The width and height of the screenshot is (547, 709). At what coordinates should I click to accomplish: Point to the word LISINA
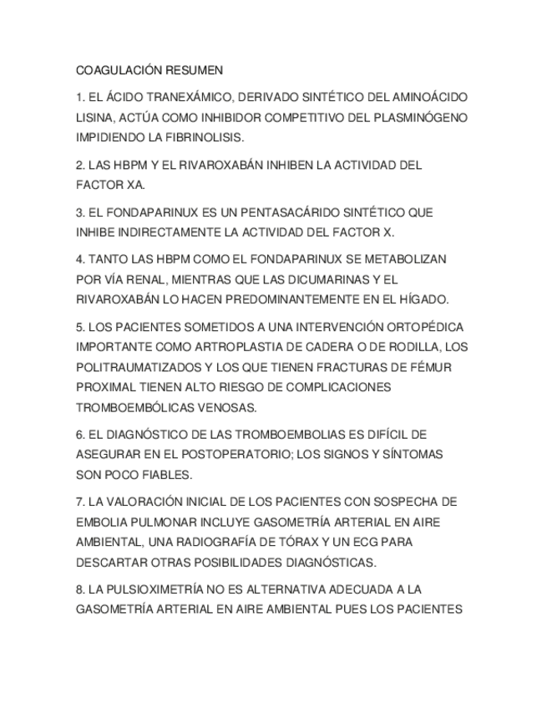click(x=94, y=118)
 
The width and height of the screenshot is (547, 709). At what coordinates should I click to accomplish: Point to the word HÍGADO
click(x=423, y=299)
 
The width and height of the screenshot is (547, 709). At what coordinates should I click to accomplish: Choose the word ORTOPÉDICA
click(x=425, y=327)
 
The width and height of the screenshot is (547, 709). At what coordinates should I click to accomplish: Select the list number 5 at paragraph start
click(x=79, y=327)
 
